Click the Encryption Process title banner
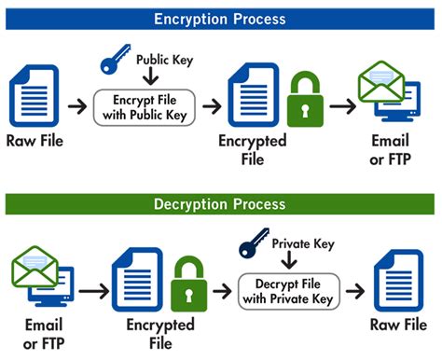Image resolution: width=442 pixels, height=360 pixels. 221,18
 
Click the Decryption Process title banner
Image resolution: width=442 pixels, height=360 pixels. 221,203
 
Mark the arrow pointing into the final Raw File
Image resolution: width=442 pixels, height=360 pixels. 357,291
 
